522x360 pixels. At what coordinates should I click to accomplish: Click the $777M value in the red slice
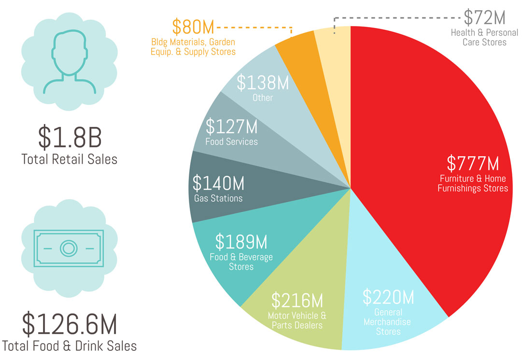[x=473, y=163]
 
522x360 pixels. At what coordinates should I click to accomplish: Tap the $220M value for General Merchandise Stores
[x=389, y=297]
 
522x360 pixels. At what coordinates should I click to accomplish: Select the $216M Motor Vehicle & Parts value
[x=297, y=300]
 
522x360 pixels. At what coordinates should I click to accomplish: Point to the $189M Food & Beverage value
[x=241, y=242]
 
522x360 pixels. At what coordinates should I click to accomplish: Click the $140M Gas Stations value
[x=218, y=183]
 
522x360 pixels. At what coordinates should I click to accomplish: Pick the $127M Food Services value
[x=232, y=126]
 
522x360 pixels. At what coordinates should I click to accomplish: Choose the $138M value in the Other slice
[x=263, y=83]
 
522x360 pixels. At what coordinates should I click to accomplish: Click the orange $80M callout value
[x=193, y=27]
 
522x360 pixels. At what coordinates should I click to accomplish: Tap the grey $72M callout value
[x=485, y=18]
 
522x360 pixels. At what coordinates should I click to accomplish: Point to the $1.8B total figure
[x=70, y=137]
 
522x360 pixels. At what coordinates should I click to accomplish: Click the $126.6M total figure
[x=70, y=324]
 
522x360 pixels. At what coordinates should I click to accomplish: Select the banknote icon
[x=69, y=248]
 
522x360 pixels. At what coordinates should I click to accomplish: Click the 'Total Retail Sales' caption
[x=69, y=159]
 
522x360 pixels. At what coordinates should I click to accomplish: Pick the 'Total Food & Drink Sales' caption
[x=69, y=346]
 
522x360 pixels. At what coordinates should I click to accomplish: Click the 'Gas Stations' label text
[x=218, y=198]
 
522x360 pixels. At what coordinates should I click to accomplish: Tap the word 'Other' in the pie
[x=263, y=98]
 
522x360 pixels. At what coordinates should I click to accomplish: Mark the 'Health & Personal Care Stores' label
[x=484, y=37]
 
